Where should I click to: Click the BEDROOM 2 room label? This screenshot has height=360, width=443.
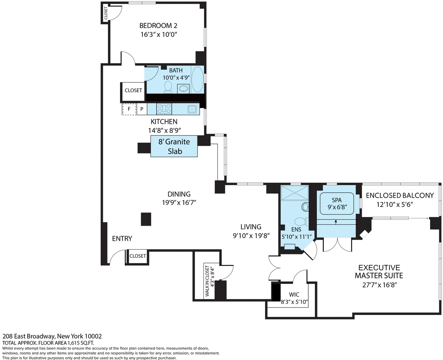click(x=158, y=26)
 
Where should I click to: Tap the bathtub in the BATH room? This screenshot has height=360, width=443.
click(x=197, y=79)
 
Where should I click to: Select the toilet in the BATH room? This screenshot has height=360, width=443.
click(x=168, y=87)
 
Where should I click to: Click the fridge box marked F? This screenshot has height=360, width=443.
click(x=129, y=109)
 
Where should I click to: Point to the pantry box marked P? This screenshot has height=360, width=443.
click(x=141, y=109)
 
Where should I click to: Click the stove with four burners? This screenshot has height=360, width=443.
click(x=164, y=108)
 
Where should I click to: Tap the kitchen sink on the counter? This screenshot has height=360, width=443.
click(x=192, y=109)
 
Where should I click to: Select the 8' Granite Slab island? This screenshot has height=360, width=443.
click(x=174, y=146)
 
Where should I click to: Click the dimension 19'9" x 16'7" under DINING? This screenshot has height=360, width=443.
click(x=179, y=202)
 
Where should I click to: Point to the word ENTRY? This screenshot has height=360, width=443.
click(x=122, y=239)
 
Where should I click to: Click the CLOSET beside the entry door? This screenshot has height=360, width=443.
click(x=137, y=256)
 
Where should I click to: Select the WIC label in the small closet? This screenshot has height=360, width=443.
click(x=294, y=295)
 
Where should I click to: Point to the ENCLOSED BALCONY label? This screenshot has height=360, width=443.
click(x=399, y=195)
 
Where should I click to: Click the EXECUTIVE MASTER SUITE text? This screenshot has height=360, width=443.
click(x=379, y=271)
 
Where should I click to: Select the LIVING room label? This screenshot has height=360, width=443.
click(x=251, y=227)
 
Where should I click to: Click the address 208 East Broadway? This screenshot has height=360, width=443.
click(x=52, y=336)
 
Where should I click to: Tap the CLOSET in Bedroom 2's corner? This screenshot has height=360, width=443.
click(x=106, y=13)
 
